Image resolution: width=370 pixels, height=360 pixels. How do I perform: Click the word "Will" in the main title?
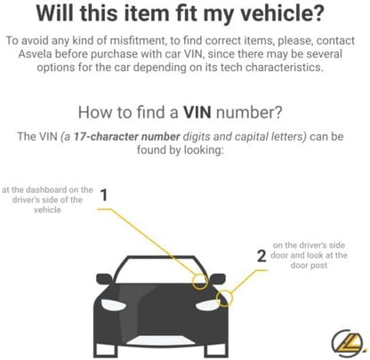pyautogui.click(x=55, y=13)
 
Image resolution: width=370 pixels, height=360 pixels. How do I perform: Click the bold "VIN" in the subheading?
pyautogui.click(x=197, y=112)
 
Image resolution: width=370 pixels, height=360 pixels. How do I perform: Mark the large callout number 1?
pyautogui.click(x=104, y=196)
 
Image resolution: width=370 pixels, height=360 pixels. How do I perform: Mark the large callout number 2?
pyautogui.click(x=261, y=256)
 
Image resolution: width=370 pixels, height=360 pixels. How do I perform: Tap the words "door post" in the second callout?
pyautogui.click(x=309, y=265)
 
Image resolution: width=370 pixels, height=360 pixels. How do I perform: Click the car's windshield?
pyautogui.click(x=161, y=269)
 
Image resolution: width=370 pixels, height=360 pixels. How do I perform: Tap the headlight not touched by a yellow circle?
pyautogui.click(x=113, y=304)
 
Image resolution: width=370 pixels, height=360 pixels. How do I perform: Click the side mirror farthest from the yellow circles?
pyautogui.click(x=104, y=279)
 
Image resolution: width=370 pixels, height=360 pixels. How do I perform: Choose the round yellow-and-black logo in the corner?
pyautogui.click(x=348, y=343)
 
